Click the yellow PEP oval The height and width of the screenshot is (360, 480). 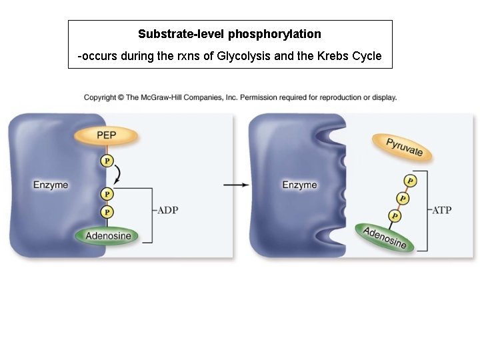pos(107,135)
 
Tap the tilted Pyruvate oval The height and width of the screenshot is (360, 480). pos(404,147)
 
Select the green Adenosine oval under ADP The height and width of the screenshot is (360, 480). pos(108,235)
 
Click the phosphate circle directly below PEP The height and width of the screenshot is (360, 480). pos(107,161)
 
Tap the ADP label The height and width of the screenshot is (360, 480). pos(167,211)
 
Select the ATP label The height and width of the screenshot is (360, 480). pos(441,211)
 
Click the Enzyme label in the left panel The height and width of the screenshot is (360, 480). pos(51,185)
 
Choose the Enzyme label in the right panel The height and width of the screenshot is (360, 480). pos(299,185)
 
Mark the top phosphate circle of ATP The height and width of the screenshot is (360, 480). pos(410,181)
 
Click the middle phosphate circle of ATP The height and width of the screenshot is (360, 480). pos(403,199)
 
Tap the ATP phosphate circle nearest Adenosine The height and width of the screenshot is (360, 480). pos(395,216)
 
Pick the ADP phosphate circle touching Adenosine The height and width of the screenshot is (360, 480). pos(107,212)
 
